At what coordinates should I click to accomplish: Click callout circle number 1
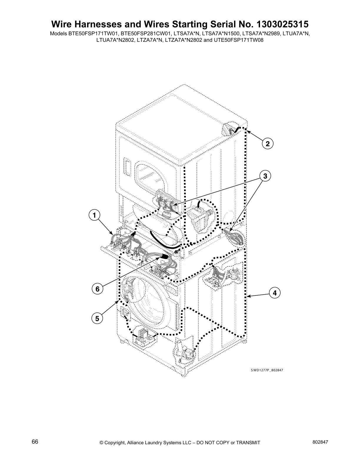click(x=94, y=215)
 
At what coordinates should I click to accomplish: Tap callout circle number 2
click(x=267, y=144)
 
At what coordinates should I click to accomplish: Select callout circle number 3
click(x=265, y=176)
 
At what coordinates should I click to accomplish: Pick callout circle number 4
click(x=274, y=293)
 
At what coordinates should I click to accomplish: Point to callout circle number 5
click(x=97, y=318)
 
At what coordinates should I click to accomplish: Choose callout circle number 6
click(x=97, y=289)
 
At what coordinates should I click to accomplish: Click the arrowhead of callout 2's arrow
click(x=248, y=132)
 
